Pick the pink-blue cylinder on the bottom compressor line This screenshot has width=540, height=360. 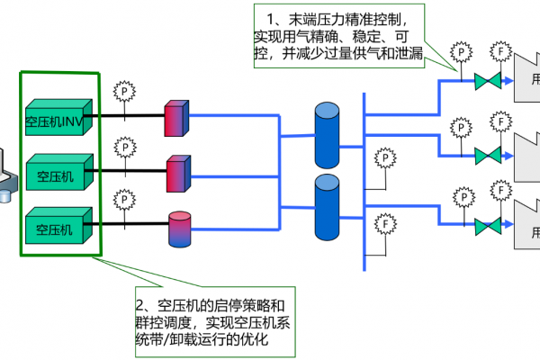pyautogui.click(x=178, y=229)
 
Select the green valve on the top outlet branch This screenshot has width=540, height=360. pyautogui.click(x=488, y=82)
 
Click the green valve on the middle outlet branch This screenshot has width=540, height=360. pyautogui.click(x=488, y=153)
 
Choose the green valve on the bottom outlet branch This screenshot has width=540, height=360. pyautogui.click(x=488, y=226)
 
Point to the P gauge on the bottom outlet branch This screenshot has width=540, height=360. pyautogui.click(x=461, y=195)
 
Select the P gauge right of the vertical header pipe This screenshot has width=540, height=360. pyautogui.click(x=384, y=158)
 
